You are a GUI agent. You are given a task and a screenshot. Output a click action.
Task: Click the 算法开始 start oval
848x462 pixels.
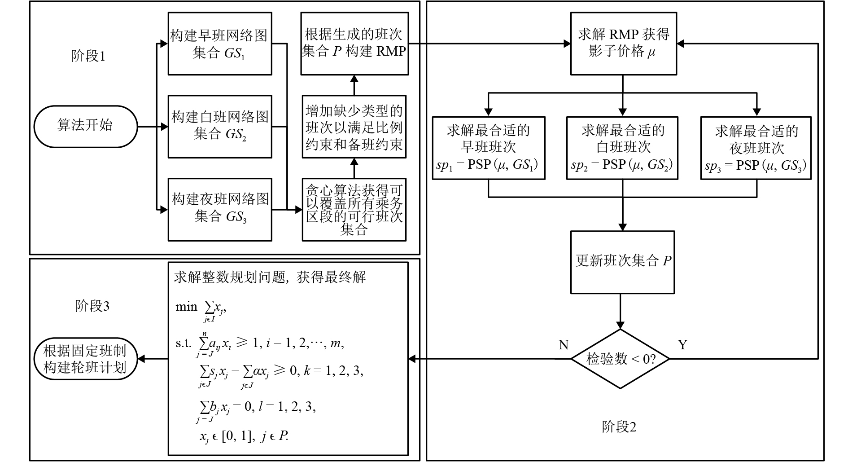(85, 126)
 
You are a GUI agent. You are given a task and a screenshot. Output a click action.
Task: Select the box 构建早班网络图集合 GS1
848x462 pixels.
(220, 44)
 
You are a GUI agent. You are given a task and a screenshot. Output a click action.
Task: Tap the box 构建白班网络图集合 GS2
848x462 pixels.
(220, 126)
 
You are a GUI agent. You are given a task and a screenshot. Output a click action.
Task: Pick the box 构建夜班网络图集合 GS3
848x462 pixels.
(220, 209)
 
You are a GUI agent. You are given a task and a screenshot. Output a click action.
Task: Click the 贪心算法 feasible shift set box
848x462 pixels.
(354, 209)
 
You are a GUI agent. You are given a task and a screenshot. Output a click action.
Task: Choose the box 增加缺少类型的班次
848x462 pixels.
(354, 127)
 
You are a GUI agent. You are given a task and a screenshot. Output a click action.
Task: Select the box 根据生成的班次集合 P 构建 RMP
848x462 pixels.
(354, 44)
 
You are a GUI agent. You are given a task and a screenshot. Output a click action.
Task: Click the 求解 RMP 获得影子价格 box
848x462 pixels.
(623, 44)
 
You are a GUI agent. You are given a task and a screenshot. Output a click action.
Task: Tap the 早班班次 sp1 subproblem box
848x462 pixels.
(488, 148)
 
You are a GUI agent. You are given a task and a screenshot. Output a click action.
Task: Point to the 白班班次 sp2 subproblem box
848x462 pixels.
(622, 148)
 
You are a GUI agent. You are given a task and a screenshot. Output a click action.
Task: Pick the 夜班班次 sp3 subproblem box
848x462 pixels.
(756, 148)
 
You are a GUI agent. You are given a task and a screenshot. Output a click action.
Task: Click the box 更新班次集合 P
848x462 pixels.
(622, 262)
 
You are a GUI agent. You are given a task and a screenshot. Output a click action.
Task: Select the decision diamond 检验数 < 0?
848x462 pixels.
(621, 359)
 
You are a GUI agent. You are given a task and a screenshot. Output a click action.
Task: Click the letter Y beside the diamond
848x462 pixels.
(682, 345)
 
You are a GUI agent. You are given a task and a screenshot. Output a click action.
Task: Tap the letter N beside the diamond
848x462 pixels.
(564, 345)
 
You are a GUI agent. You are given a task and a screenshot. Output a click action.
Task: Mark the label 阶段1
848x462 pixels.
(88, 57)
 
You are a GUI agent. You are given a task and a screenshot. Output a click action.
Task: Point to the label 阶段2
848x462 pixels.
(619, 427)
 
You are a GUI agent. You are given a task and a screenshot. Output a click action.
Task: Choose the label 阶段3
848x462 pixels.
(92, 306)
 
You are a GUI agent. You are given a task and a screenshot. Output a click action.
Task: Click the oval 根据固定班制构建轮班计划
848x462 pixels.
(85, 359)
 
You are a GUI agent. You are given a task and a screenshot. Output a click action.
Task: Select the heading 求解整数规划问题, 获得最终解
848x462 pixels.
(270, 277)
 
